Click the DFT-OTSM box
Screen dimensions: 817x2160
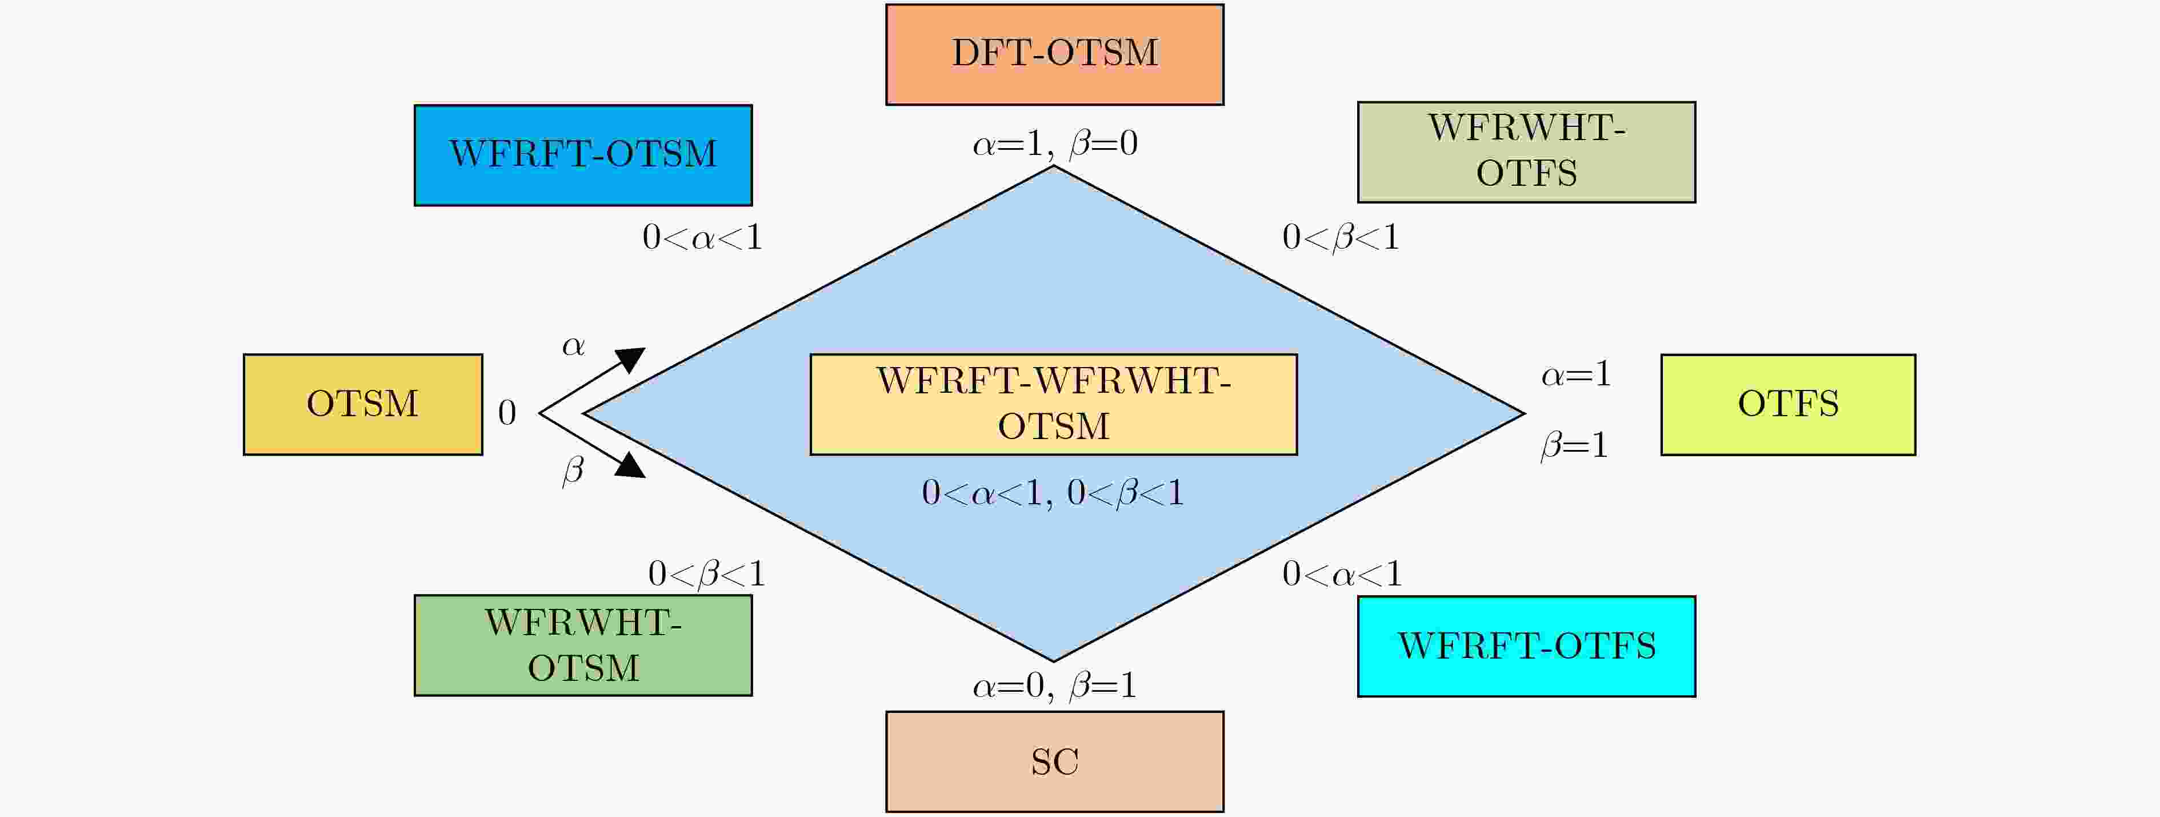click(1054, 54)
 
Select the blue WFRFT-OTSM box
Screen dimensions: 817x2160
click(583, 155)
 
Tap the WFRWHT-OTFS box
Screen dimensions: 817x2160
click(1526, 152)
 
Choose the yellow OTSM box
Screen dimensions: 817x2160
click(362, 404)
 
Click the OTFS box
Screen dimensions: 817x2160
click(1787, 404)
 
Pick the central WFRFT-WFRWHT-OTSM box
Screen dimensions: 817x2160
click(1053, 404)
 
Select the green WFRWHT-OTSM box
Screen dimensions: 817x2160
click(583, 645)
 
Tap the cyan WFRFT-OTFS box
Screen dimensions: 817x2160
click(1526, 646)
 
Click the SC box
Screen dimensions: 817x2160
click(1054, 762)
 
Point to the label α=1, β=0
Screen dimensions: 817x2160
click(1054, 144)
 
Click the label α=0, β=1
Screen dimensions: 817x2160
click(1054, 686)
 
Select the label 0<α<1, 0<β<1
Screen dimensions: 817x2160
click(1053, 492)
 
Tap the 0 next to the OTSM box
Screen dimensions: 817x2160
click(506, 413)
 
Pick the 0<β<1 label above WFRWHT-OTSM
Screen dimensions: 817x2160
click(706, 575)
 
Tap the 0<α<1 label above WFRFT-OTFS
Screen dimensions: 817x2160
click(1342, 575)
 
